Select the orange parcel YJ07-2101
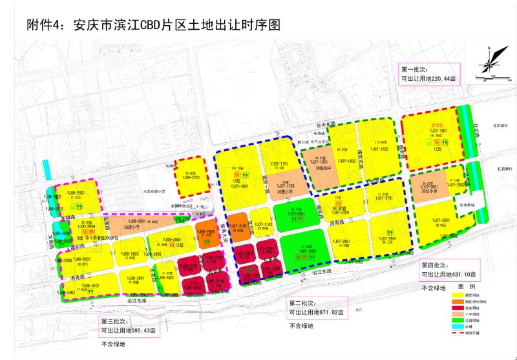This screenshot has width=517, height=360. click(237, 226)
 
